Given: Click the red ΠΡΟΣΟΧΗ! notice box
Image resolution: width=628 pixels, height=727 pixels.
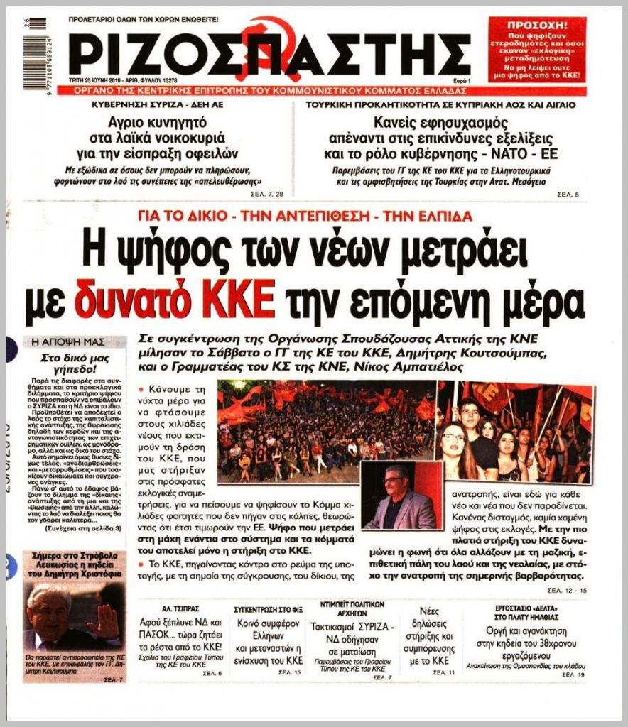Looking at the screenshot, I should (x=537, y=49).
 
